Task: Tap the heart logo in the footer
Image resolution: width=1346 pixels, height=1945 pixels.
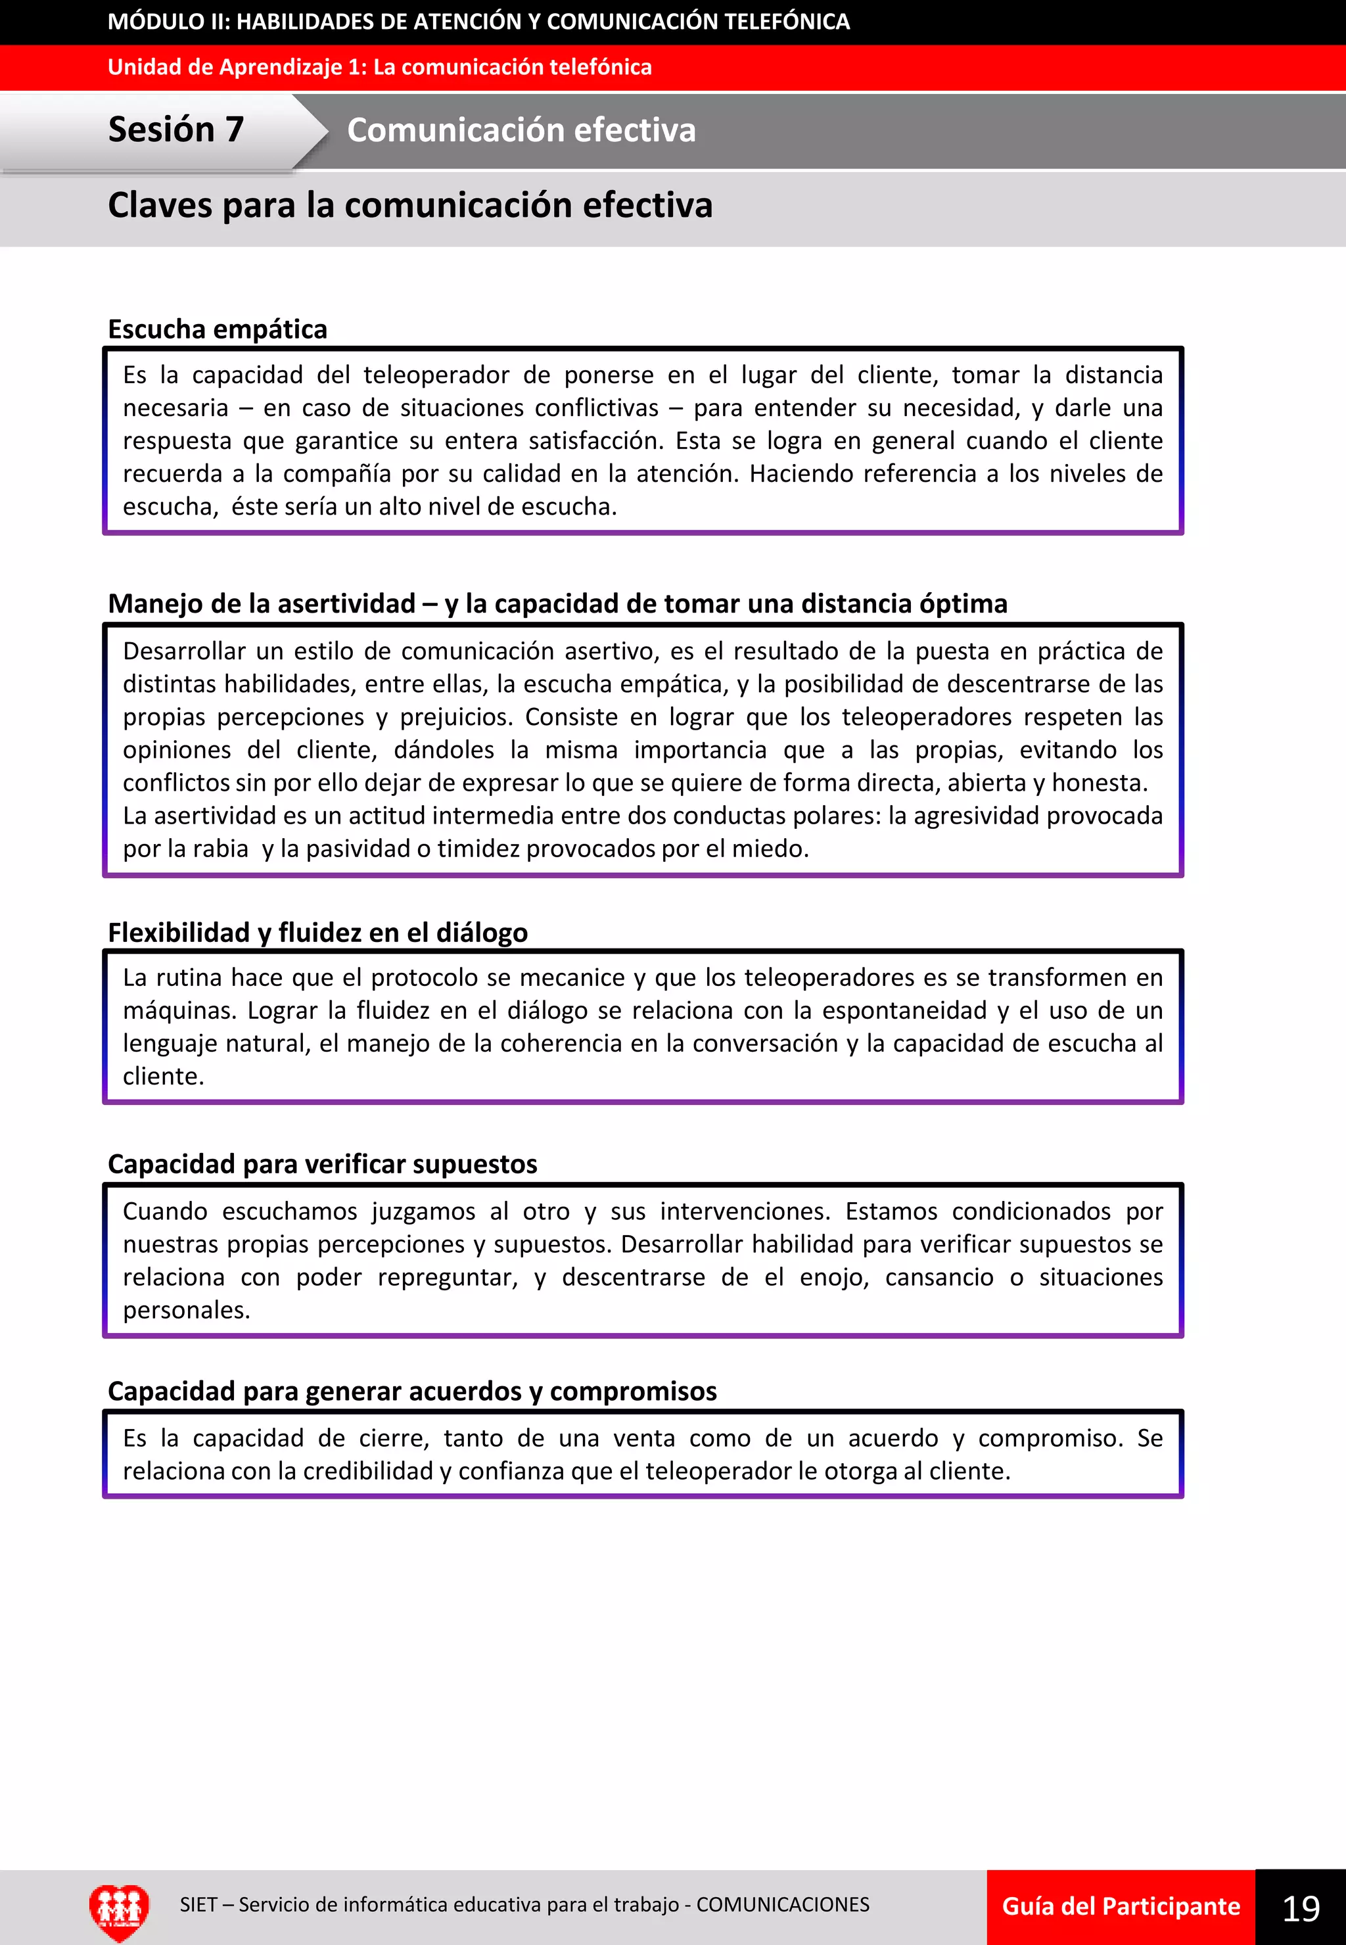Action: point(119,1909)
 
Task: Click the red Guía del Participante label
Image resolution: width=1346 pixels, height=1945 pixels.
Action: point(1120,1906)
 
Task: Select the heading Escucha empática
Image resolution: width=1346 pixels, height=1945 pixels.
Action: point(218,329)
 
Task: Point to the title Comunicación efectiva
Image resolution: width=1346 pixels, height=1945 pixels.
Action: point(521,130)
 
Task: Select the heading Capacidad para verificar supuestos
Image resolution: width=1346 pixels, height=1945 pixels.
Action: point(322,1164)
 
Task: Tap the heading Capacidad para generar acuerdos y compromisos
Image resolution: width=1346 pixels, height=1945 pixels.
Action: point(411,1391)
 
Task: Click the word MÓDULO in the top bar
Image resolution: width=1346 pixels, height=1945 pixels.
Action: point(155,22)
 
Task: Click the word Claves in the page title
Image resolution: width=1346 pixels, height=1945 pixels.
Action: point(160,206)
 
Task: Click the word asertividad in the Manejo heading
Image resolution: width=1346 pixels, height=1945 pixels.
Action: point(346,604)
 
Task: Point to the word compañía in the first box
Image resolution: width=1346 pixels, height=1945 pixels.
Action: point(336,474)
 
